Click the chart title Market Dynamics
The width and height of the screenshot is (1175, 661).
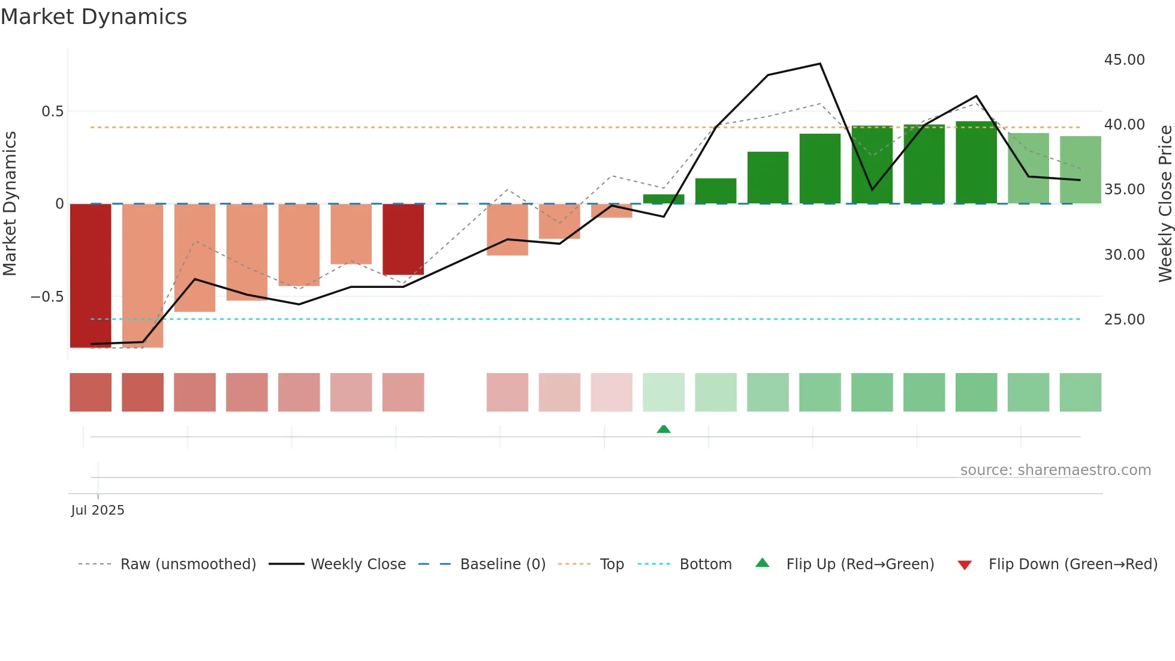pyautogui.click(x=94, y=17)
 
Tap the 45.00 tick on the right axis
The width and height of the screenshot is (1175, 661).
pyautogui.click(x=1124, y=60)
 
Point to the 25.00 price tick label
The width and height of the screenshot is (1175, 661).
pyautogui.click(x=1124, y=319)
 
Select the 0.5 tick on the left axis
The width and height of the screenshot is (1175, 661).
pyautogui.click(x=52, y=112)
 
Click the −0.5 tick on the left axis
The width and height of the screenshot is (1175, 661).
pyautogui.click(x=47, y=297)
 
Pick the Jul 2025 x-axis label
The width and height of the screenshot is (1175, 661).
pyautogui.click(x=98, y=510)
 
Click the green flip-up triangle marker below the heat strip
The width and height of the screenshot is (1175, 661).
pyautogui.click(x=664, y=429)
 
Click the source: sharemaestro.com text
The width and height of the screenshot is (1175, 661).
pyautogui.click(x=1055, y=470)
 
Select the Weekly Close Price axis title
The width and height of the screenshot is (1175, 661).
pyautogui.click(x=1165, y=204)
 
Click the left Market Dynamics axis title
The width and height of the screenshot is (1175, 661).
pyautogui.click(x=10, y=204)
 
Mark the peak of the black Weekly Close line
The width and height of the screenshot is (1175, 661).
pyautogui.click(x=820, y=64)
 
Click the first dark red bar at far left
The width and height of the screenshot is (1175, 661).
pyautogui.click(x=91, y=276)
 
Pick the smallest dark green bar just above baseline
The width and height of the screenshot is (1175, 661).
pyautogui.click(x=664, y=199)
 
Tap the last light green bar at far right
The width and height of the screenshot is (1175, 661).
pyautogui.click(x=1080, y=170)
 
